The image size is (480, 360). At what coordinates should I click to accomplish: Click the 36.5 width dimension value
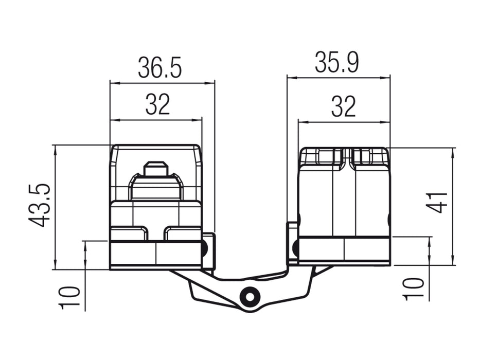pos(159,68)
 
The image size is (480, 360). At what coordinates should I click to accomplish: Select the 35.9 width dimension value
pos(337,63)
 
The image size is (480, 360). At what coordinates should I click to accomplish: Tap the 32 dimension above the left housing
pos(157,105)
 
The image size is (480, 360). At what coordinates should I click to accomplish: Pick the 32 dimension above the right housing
pos(343,107)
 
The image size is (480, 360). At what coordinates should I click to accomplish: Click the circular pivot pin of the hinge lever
pos(250,297)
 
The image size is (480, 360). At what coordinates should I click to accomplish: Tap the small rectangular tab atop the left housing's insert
pos(156,168)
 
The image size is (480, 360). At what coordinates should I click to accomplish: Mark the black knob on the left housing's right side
pos(205,249)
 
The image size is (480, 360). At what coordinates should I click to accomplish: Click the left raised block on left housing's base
pos(129,233)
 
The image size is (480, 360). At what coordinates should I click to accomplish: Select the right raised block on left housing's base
pos(182,233)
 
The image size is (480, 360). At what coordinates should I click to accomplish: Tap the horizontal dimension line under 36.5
pos(162,82)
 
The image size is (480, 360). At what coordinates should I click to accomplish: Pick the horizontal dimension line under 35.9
pos(338,78)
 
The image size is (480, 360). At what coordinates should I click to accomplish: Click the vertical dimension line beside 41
pos(453,206)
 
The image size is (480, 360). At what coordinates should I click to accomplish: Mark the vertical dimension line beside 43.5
pos(54,206)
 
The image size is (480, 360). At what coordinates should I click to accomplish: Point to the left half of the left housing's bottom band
pos(133,254)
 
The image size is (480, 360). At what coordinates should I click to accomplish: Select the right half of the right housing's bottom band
pos(367,250)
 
